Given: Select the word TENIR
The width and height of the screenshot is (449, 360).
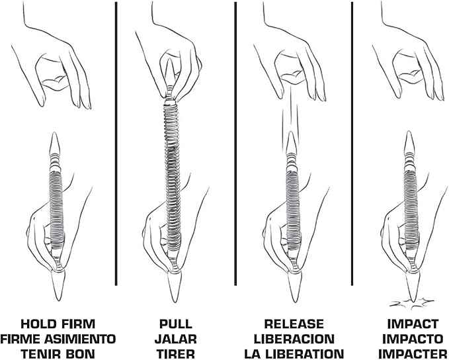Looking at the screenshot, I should (x=40, y=353).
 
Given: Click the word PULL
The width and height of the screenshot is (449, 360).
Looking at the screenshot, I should (x=175, y=324).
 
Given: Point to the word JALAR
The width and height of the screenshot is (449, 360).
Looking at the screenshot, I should (x=175, y=339).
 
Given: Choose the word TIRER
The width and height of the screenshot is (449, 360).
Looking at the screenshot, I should (x=175, y=353).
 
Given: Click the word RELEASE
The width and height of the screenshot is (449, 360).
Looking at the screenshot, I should (x=294, y=324).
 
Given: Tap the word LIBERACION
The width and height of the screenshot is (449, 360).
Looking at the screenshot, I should (x=294, y=339).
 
